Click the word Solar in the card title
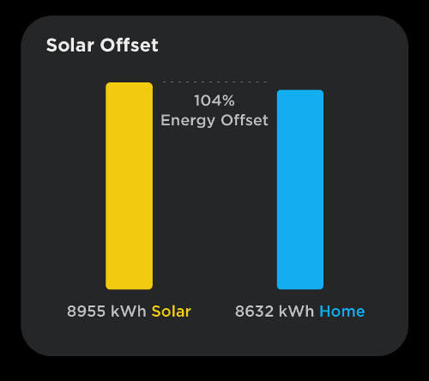(x=70, y=45)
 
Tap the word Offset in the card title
(x=129, y=45)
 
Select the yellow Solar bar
(x=129, y=186)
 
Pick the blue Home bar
(x=300, y=190)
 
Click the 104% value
(x=214, y=100)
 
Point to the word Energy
(x=188, y=120)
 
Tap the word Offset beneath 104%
(x=245, y=120)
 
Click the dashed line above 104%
(x=214, y=82)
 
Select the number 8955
(x=86, y=311)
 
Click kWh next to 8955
(x=129, y=311)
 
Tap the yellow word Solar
(x=171, y=311)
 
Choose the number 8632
(x=254, y=311)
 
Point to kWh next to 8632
(x=296, y=311)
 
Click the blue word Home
(x=342, y=311)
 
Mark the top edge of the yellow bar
(x=129, y=82)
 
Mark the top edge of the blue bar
(x=300, y=90)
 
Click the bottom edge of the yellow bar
(x=129, y=289)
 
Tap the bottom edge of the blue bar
(x=300, y=289)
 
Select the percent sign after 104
(x=228, y=100)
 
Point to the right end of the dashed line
(x=267, y=82)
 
